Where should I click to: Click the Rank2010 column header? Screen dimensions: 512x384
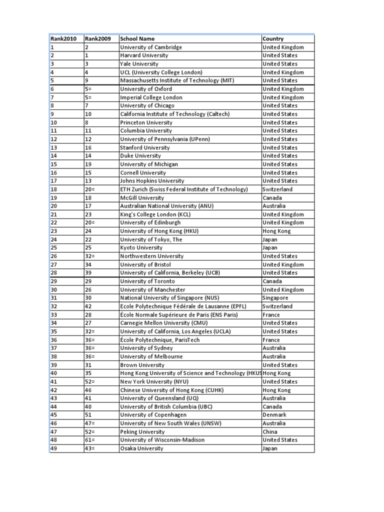pyautogui.click(x=63, y=38)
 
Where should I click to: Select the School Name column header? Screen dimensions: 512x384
pyautogui.click(x=137, y=38)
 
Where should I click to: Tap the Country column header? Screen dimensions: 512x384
pyautogui.click(x=273, y=38)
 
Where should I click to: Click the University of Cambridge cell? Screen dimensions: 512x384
pyautogui.click(x=151, y=47)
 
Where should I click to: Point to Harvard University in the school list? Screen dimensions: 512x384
pyautogui.click(x=144, y=55)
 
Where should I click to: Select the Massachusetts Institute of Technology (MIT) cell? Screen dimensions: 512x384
pyautogui.click(x=177, y=80)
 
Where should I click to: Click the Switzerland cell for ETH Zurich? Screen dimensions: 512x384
pyautogui.click(x=277, y=189)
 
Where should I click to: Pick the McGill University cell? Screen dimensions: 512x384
pyautogui.click(x=142, y=197)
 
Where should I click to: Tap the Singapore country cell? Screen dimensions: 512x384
pyautogui.click(x=275, y=298)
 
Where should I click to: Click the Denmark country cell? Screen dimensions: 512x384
pyautogui.click(x=274, y=415)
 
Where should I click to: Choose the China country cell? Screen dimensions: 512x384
pyautogui.click(x=270, y=431)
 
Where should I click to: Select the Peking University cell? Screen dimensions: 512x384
pyautogui.click(x=142, y=431)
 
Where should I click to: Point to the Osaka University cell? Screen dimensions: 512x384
pyautogui.click(x=141, y=448)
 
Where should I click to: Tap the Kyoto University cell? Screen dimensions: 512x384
pyautogui.click(x=141, y=248)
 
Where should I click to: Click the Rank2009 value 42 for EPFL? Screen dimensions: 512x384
pyautogui.click(x=89, y=306)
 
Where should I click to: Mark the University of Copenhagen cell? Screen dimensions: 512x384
pyautogui.click(x=153, y=415)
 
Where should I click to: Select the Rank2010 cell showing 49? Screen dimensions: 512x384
pyautogui.click(x=54, y=448)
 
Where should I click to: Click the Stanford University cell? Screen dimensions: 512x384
pyautogui.click(x=145, y=147)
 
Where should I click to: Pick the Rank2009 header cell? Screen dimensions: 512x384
pyautogui.click(x=98, y=38)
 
